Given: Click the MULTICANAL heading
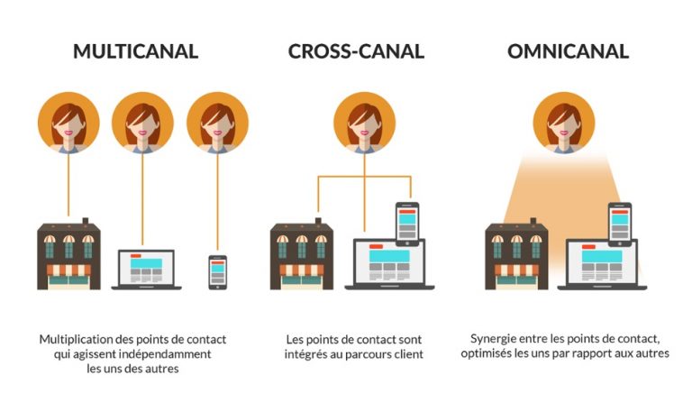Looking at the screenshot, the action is click(x=135, y=51).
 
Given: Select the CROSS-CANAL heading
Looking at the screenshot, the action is click(x=356, y=51).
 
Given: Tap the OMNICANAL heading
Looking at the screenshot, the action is click(x=568, y=51).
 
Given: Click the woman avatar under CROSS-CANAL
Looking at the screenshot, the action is click(x=365, y=123).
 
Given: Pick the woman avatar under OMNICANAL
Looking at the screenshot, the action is click(x=564, y=123).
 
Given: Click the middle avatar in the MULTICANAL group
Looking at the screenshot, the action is click(x=142, y=123).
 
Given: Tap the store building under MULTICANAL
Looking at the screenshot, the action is click(x=68, y=254).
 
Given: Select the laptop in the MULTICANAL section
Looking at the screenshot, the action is click(x=147, y=270).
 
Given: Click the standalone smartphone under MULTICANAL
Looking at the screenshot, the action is click(x=217, y=272).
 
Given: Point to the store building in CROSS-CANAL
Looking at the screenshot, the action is click(x=302, y=254).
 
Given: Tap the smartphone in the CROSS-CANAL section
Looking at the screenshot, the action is click(x=407, y=224).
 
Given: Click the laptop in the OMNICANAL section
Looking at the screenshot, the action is click(x=602, y=264).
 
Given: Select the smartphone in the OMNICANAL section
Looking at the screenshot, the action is click(x=620, y=224).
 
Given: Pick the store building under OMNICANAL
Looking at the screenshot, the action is click(x=517, y=254).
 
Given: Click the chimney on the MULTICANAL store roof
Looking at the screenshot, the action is click(x=86, y=221).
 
